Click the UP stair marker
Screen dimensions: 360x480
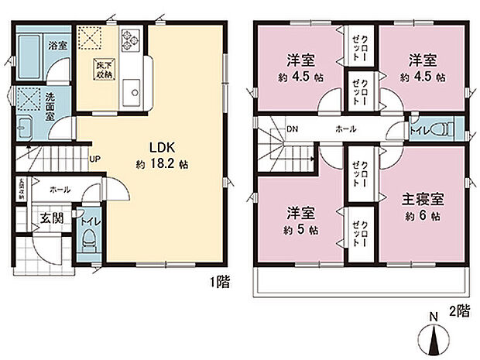coord(94,159)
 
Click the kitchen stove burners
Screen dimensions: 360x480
coord(129,37)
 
